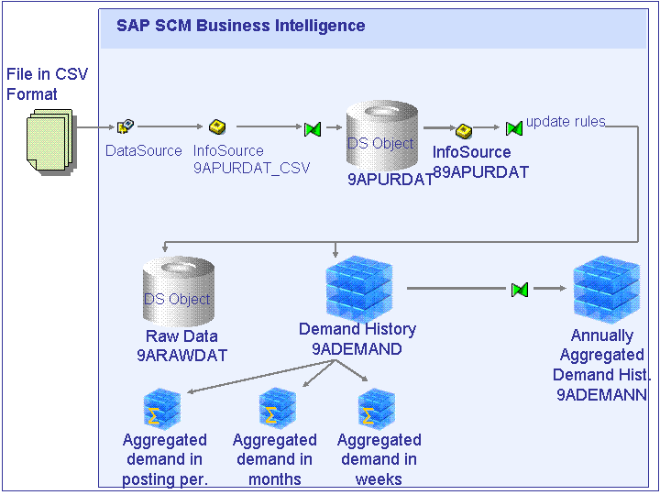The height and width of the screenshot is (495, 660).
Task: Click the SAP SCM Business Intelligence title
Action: coord(241,26)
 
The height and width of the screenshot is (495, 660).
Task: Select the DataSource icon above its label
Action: coord(125,126)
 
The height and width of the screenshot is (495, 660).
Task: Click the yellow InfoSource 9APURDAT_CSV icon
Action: coord(217,126)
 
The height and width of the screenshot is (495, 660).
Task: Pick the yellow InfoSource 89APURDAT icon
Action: coord(464,130)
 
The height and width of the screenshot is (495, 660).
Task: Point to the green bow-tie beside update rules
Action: coord(514,128)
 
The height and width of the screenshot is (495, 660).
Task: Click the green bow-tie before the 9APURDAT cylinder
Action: coord(313,129)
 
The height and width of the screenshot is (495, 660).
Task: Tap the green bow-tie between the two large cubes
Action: coord(520,290)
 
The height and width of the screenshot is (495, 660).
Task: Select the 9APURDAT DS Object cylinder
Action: coord(382,136)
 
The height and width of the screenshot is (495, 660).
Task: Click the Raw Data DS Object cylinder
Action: coord(179,291)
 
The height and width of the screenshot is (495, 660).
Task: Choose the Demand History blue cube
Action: coord(358,289)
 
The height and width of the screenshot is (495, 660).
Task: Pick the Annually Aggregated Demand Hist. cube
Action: coord(607,289)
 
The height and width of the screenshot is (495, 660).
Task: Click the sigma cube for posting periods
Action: coord(162,407)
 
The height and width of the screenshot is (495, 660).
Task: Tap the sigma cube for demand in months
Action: coord(278,407)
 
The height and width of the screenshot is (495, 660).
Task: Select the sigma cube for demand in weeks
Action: coord(377,407)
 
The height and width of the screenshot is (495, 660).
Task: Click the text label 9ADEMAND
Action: coord(357,349)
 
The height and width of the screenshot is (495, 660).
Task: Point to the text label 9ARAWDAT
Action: coord(181,356)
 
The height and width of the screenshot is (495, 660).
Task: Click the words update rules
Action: coord(566,121)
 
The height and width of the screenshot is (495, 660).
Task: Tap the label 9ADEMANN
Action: coord(601,394)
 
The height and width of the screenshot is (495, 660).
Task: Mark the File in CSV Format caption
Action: coord(47,83)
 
